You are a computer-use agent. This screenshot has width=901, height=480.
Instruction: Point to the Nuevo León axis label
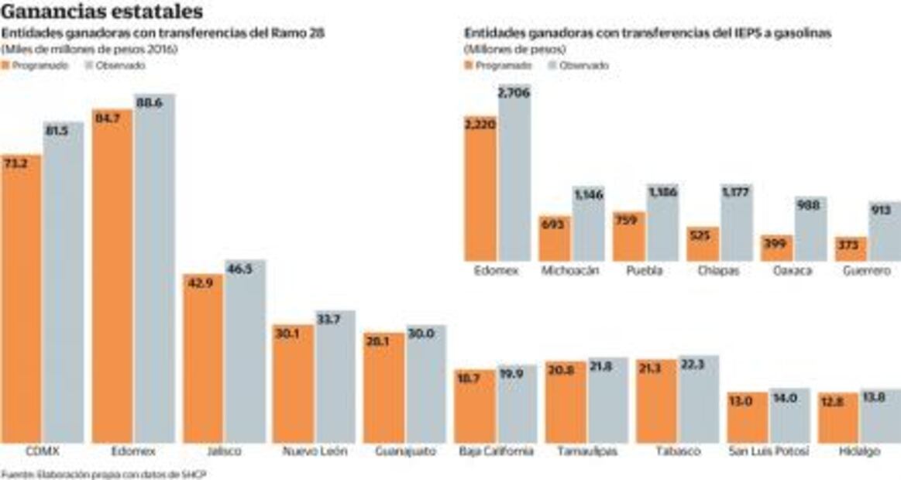[314, 451]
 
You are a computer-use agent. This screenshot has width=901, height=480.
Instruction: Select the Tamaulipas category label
[586, 451]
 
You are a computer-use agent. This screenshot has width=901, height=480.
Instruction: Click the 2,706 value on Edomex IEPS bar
[514, 94]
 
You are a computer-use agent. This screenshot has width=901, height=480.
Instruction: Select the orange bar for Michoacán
[554, 240]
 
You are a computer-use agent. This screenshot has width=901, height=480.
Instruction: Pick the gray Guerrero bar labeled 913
[883, 232]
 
